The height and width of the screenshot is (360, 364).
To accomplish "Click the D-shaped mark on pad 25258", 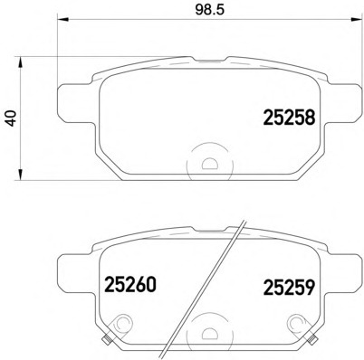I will click(x=209, y=165).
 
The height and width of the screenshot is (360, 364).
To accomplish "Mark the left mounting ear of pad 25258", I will click(x=72, y=99).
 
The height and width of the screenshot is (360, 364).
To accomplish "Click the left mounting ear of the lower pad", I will click(x=72, y=268).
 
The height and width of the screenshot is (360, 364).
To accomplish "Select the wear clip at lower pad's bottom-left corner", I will click(x=107, y=342).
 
